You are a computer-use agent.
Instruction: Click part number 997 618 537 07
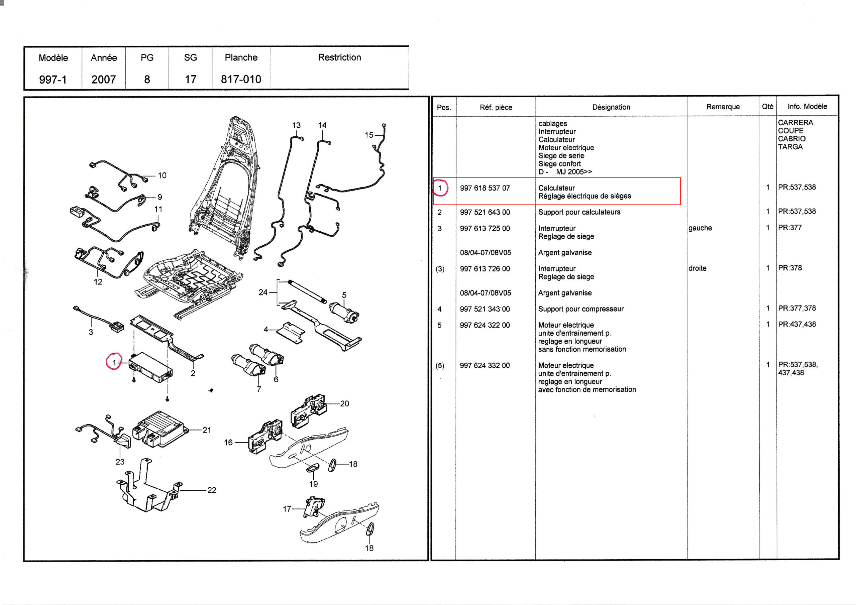click(485, 188)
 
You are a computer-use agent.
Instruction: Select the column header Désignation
click(611, 107)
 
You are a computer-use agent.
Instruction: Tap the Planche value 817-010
click(241, 80)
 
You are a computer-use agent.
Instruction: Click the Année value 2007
click(104, 80)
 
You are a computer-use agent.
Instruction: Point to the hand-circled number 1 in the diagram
click(114, 362)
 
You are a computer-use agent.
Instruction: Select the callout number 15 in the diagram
click(369, 135)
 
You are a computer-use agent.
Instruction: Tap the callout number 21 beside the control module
click(207, 430)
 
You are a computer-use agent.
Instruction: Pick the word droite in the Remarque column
click(697, 268)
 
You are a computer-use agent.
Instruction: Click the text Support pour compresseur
click(580, 309)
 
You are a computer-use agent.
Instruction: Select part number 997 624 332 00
click(485, 366)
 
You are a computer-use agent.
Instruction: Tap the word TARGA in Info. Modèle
click(790, 147)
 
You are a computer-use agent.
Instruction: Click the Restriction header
click(339, 57)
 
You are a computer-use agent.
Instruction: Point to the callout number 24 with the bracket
click(263, 292)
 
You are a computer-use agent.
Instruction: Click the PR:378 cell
click(790, 268)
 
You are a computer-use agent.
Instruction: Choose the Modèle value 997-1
click(53, 80)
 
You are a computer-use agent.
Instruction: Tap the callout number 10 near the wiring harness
click(162, 175)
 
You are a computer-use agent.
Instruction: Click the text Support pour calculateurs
click(579, 212)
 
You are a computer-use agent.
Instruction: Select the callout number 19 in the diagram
click(313, 484)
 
